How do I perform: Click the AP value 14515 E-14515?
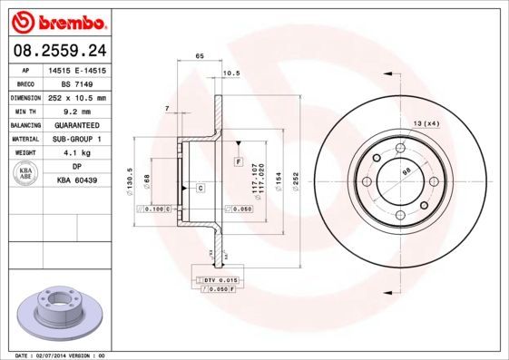tap(76, 69)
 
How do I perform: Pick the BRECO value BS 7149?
tap(76, 83)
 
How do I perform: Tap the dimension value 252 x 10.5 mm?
tap(76, 97)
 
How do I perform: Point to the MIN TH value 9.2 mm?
tap(76, 111)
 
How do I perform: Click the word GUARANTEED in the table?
tap(76, 124)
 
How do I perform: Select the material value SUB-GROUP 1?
tap(76, 139)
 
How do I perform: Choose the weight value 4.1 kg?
tap(76, 153)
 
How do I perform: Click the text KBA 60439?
tap(76, 181)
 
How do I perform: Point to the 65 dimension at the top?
tap(199, 56)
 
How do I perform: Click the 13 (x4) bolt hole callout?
tap(426, 122)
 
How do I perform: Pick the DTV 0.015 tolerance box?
tap(219, 280)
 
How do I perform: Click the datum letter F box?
tap(238, 161)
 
